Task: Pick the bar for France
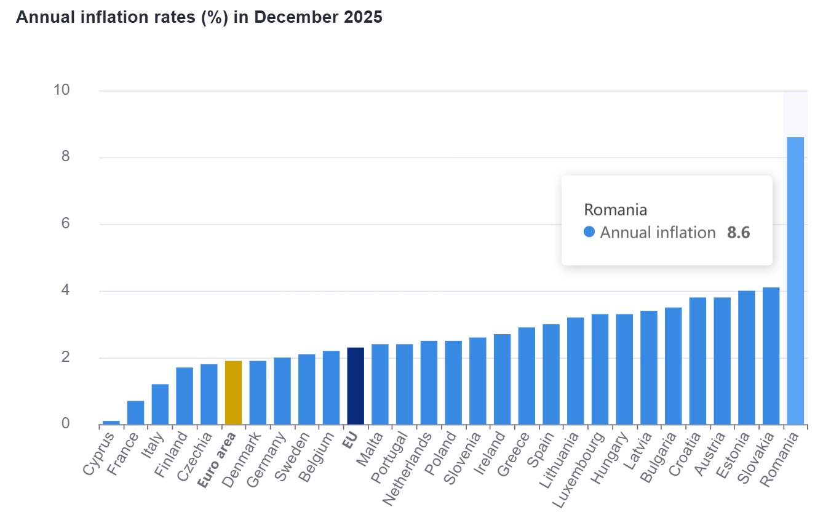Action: [135, 413]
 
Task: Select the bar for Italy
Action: [160, 404]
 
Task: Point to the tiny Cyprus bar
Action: [111, 422]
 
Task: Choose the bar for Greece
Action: [527, 376]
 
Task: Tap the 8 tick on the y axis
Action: [62, 157]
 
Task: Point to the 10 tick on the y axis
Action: [62, 90]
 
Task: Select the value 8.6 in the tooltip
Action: [738, 233]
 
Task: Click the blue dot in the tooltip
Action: [589, 233]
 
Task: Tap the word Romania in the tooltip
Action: [615, 210]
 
